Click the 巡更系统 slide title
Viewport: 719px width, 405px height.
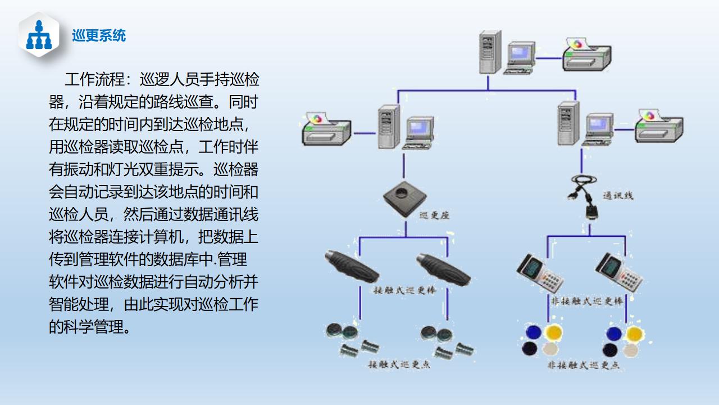tap(99, 36)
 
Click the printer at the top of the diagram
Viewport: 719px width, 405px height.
tap(586, 54)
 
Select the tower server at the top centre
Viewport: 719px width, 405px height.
tap(490, 53)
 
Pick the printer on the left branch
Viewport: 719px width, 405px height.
tap(326, 130)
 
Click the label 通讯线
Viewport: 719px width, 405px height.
tap(618, 196)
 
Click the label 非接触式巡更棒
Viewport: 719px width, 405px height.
tap(587, 301)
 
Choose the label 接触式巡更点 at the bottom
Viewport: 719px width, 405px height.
tap(399, 364)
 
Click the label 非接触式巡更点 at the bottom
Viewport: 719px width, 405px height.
tap(584, 365)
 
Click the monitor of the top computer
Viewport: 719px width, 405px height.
tap(520, 54)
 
